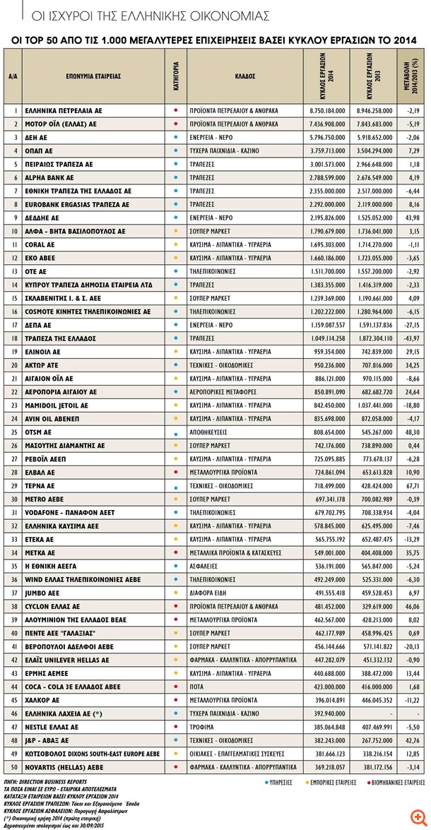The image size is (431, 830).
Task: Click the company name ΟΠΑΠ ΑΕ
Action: tap(38, 151)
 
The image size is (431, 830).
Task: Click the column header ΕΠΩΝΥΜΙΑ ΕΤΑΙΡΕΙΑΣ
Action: tap(93, 76)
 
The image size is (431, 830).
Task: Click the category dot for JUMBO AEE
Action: tap(175, 593)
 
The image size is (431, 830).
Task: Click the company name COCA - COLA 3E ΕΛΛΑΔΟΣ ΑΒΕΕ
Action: tap(72, 687)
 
